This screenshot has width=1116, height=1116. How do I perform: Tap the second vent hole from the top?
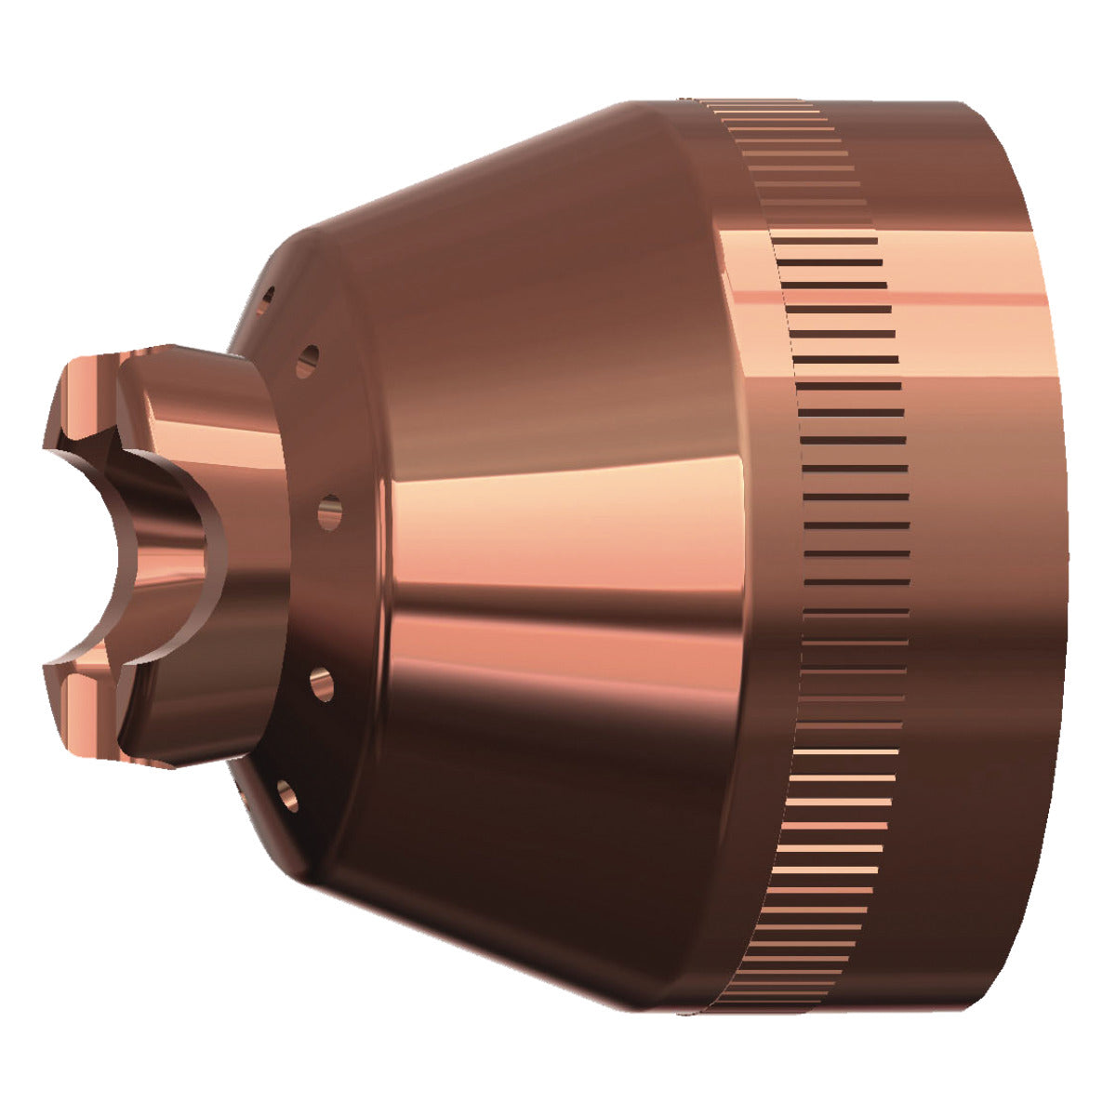point(307,361)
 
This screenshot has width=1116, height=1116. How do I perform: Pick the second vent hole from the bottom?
point(322,684)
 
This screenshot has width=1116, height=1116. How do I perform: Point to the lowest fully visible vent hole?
point(286,795)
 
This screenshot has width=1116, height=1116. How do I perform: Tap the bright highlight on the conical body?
point(558,521)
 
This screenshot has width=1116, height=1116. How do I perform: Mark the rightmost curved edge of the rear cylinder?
point(1063,558)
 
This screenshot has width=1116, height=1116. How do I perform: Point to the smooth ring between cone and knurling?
point(753,558)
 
